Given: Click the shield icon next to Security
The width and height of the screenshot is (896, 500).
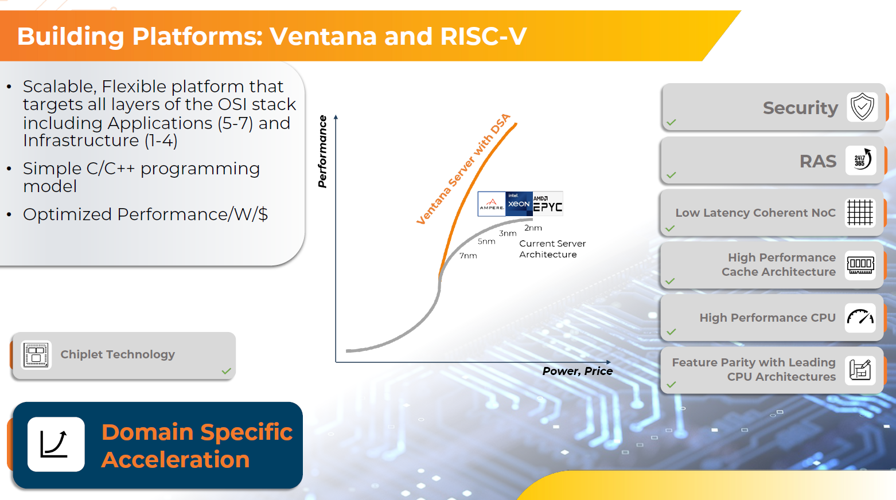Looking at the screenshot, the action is point(862,107).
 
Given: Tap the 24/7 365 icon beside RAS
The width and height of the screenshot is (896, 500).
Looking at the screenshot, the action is point(861,160).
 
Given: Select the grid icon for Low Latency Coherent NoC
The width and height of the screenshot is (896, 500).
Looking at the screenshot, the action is point(860,212).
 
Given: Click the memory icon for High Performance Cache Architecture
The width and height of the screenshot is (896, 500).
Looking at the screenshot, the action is point(860,265).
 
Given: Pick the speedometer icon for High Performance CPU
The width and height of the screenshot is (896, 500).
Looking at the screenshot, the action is point(860,318).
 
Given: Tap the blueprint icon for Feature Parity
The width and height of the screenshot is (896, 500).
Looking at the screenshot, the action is point(860,370).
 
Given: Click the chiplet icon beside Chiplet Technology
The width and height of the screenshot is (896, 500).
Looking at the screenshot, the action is point(36,355).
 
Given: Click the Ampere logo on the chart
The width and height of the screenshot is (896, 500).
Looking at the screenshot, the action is point(492,204).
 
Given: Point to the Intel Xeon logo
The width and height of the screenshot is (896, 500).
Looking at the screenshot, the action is point(519,204).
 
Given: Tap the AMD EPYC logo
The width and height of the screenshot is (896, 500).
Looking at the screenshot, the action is point(548,204).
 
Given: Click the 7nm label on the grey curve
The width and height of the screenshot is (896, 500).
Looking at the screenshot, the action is point(468,256).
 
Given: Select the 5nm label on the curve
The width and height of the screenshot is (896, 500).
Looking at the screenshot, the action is point(486,241).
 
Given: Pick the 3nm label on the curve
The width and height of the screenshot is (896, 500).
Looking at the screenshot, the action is point(508,233).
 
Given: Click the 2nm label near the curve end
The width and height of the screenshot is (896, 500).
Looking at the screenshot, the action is point(533,228).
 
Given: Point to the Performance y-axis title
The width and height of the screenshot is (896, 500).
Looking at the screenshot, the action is point(322,151).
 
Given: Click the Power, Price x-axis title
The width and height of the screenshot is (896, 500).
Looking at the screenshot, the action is point(578,371).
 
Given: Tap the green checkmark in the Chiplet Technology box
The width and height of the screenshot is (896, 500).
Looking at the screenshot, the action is point(227,371).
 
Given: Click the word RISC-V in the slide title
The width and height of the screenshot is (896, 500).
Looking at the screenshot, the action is point(484,36).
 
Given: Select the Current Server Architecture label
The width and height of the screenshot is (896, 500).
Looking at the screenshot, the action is point(552,249).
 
